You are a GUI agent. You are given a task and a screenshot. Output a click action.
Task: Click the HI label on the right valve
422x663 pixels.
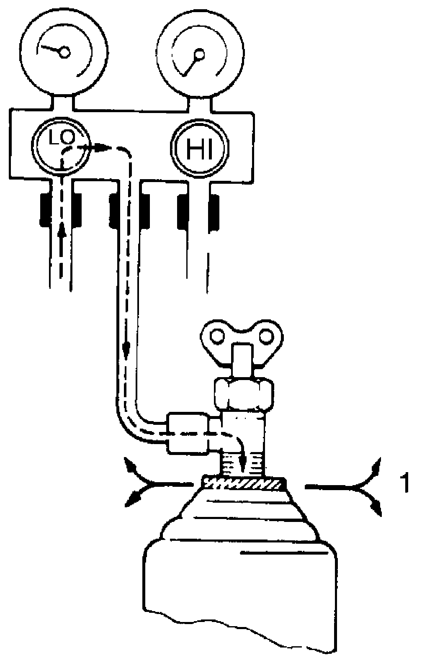(x=199, y=149)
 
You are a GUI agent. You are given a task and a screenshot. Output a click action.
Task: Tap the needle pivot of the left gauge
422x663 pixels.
(x=64, y=52)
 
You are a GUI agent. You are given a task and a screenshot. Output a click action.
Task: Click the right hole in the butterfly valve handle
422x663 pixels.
(x=265, y=336)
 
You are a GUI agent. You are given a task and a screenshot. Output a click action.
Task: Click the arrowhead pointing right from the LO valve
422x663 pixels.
(x=100, y=147)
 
